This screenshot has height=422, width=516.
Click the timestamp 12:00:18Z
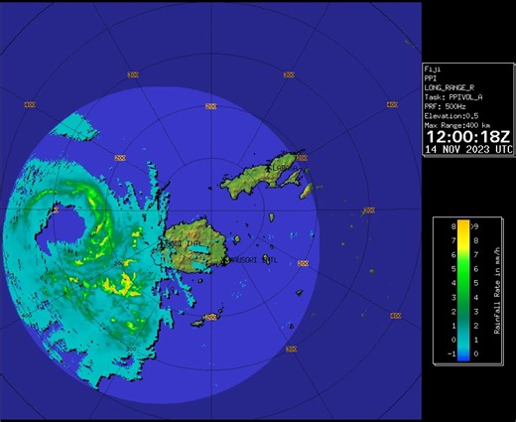(x=468, y=134)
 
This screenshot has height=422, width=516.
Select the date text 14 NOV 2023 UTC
(x=468, y=149)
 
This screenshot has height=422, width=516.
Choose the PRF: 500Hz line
(x=446, y=107)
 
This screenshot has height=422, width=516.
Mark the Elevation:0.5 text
(x=452, y=116)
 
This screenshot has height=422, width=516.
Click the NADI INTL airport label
(x=187, y=242)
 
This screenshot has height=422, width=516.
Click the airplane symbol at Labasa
(x=277, y=170)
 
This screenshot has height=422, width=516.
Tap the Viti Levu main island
(x=198, y=248)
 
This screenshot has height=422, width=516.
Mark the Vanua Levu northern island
(x=263, y=171)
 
